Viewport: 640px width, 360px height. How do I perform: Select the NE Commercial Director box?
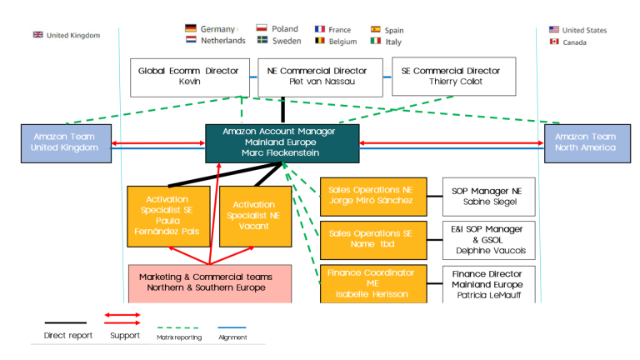point(320,76)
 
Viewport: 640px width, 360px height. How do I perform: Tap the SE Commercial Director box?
point(453,76)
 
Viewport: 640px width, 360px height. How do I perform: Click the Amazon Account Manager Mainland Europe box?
point(282,142)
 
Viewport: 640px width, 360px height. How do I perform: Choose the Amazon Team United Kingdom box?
point(64,142)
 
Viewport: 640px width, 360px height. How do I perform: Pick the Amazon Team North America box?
point(586,142)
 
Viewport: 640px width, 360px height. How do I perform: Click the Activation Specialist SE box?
point(167,216)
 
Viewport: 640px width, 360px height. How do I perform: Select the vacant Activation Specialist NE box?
point(254,216)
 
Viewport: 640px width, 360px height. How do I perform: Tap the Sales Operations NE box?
point(372,196)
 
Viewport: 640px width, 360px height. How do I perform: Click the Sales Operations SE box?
point(372,239)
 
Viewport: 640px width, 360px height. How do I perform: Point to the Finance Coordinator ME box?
point(372,283)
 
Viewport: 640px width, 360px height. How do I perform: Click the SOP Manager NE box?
point(488,196)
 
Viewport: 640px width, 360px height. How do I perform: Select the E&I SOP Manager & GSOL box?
point(488,239)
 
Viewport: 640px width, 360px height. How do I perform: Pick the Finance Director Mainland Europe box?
point(488,283)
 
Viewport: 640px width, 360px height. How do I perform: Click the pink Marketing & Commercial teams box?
point(210,282)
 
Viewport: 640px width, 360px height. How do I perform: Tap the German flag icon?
point(191,29)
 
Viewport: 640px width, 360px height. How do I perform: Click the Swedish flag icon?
point(262,41)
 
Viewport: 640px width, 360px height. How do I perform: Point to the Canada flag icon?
point(554,42)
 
